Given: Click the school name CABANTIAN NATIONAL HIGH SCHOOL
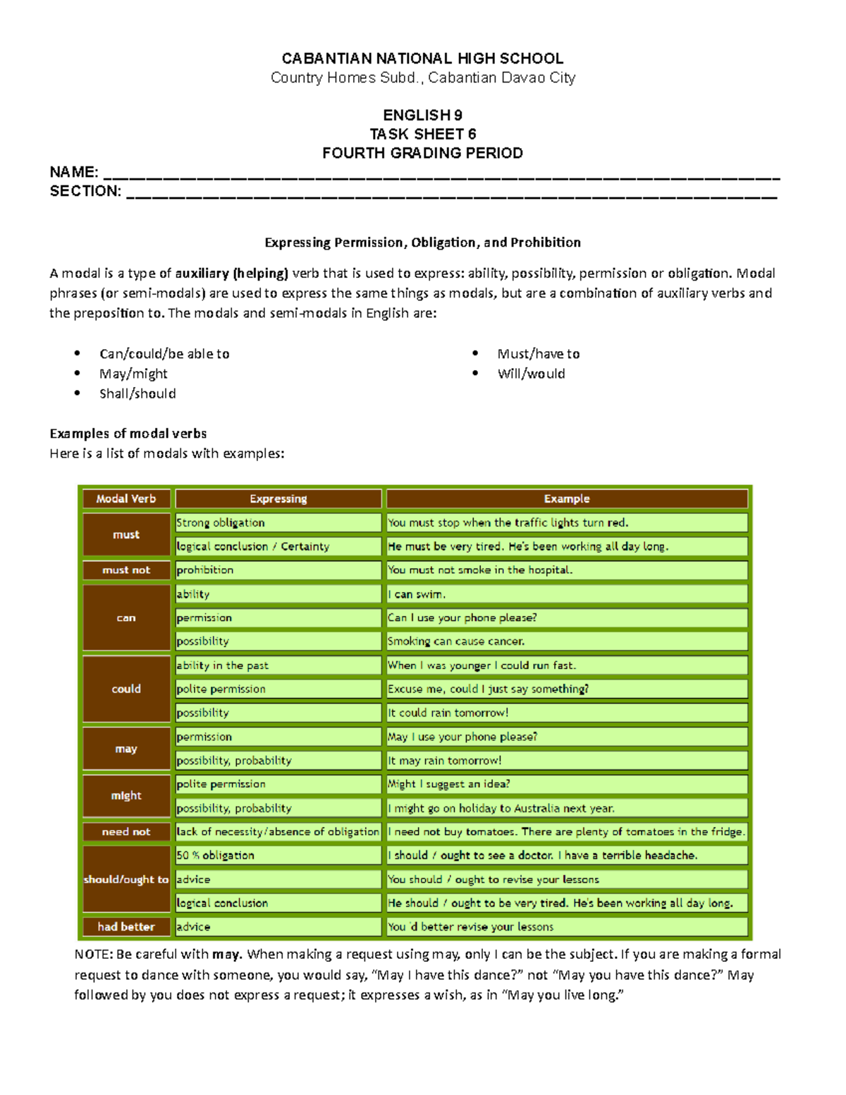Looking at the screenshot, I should (x=422, y=59).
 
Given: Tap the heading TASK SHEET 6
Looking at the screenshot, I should (x=422, y=134).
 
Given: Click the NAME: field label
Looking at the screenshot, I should (x=73, y=172).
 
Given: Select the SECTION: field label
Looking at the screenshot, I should (x=85, y=191).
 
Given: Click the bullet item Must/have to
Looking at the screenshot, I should (x=538, y=354).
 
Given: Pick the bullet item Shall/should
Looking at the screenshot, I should (x=137, y=393).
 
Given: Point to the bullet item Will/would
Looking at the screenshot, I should (x=531, y=374).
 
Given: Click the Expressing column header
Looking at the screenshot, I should (x=278, y=498).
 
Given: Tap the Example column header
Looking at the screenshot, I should (x=566, y=498).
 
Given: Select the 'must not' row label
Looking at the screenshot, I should (x=126, y=570).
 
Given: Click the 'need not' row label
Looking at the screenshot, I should (x=126, y=832).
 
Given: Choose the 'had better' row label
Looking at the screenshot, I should (x=126, y=926).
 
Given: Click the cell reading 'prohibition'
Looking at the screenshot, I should (x=205, y=570).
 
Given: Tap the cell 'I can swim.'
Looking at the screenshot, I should (x=417, y=594).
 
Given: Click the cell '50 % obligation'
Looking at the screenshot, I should (x=216, y=855).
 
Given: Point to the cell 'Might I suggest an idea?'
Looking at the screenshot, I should (x=449, y=784).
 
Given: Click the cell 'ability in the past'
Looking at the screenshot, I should (x=223, y=666).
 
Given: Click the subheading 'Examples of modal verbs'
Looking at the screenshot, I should (x=128, y=434).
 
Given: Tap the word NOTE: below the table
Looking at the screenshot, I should (x=93, y=955).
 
